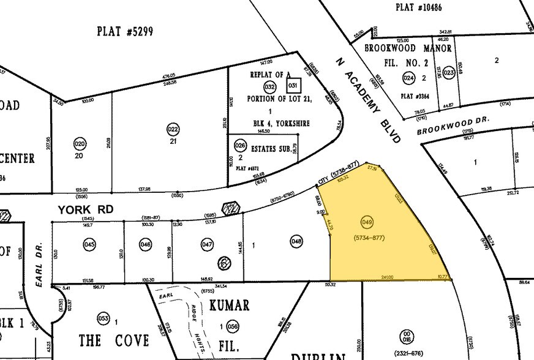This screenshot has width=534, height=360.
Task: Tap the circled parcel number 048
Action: coord(297,242)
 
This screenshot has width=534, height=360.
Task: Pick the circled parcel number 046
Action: coord(146,244)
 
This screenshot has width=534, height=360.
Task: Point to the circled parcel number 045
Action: coord(89,244)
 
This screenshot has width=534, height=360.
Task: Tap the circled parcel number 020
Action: coord(80,144)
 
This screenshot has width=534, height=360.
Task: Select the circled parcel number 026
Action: coord(241,146)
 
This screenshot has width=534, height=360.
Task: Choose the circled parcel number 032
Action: coord(269,86)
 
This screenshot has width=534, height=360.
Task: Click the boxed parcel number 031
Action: coord(293,86)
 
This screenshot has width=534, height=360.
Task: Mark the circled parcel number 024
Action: coord(408,78)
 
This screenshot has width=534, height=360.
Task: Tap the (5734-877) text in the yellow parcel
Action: coord(369,237)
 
